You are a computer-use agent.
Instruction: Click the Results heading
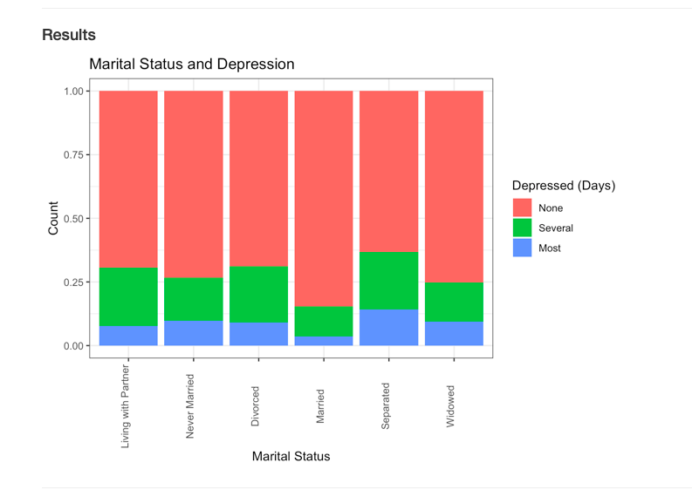(69, 36)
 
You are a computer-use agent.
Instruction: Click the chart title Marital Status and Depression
(192, 65)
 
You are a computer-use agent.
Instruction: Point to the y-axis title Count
(53, 218)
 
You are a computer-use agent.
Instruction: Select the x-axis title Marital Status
(291, 456)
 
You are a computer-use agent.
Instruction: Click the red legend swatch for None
(522, 208)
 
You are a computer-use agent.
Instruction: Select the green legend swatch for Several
(522, 228)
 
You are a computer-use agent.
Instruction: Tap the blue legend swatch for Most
(522, 248)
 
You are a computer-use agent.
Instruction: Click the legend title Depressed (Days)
(564, 186)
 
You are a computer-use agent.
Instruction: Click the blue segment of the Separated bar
(388, 328)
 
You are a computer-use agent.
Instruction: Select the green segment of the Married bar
(324, 322)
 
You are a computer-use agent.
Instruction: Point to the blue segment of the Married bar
(324, 341)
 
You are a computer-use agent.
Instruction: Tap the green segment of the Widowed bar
(454, 302)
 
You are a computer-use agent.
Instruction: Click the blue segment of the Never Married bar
(193, 333)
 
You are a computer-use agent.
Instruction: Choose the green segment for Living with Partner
(128, 296)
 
